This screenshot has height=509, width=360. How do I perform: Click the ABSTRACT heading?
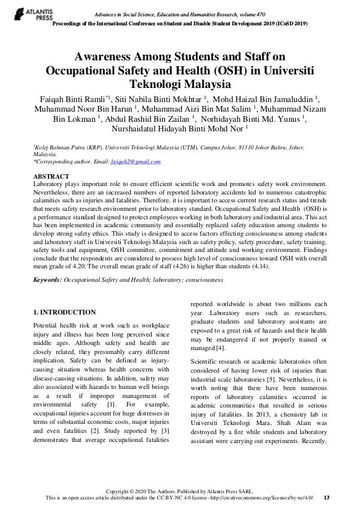point(52,176)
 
